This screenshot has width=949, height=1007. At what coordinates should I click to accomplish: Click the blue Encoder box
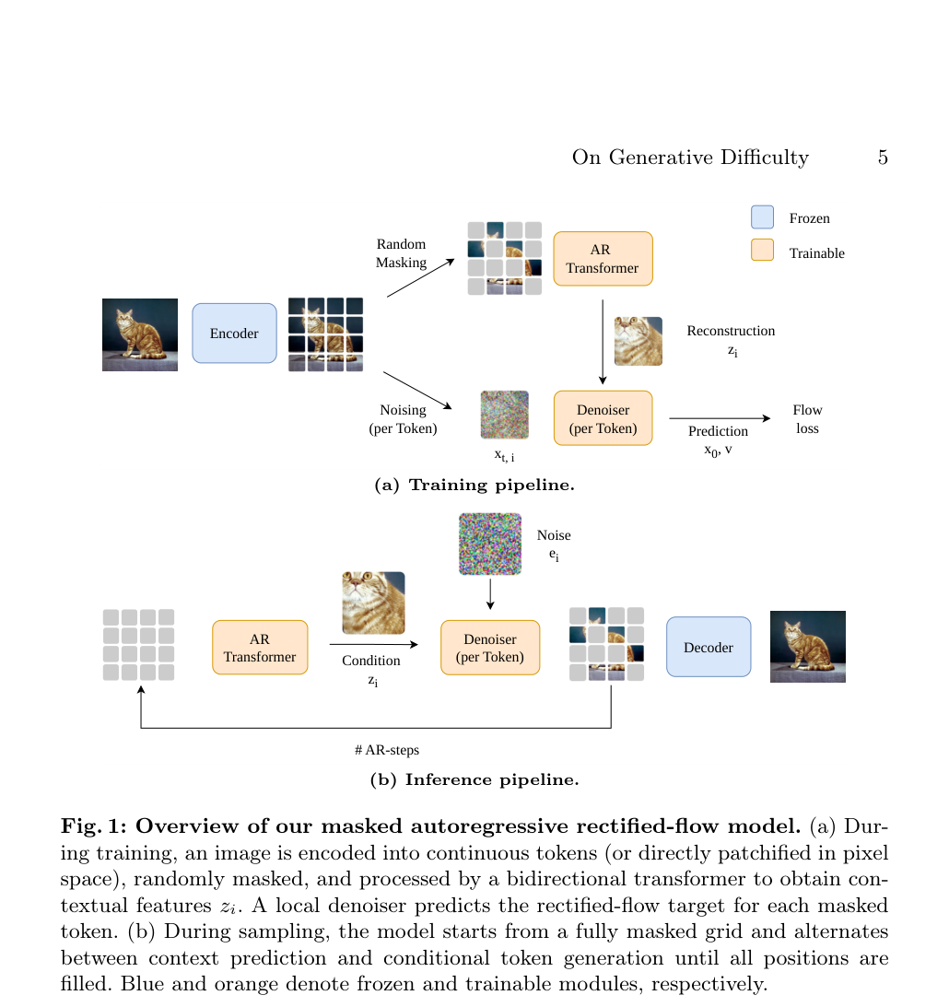pyautogui.click(x=234, y=334)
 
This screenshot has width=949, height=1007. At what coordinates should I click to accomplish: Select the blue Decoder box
pyautogui.click(x=709, y=647)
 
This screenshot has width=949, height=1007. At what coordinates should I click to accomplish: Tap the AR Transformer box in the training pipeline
pyautogui.click(x=603, y=259)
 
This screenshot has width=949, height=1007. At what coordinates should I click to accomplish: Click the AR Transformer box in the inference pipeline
pyautogui.click(x=260, y=648)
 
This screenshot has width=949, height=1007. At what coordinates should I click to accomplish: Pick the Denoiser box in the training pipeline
pyautogui.click(x=603, y=418)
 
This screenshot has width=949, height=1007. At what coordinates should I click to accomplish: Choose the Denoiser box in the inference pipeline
pyautogui.click(x=490, y=648)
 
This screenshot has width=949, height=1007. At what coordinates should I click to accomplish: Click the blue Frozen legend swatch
pyautogui.click(x=762, y=217)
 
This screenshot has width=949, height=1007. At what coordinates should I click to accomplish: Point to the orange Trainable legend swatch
pyautogui.click(x=762, y=250)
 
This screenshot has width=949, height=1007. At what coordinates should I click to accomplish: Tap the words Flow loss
pyautogui.click(x=807, y=418)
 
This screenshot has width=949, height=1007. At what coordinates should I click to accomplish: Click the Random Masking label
pyautogui.click(x=402, y=253)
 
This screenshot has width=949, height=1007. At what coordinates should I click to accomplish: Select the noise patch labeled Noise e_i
pyautogui.click(x=490, y=544)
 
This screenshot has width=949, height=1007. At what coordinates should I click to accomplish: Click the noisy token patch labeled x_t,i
pyautogui.click(x=505, y=415)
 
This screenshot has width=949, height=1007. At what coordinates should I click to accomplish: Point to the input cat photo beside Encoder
pyautogui.click(x=140, y=334)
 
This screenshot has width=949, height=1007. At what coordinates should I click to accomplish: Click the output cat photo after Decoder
pyautogui.click(x=808, y=647)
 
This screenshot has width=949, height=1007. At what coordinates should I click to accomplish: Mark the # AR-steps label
pyautogui.click(x=387, y=750)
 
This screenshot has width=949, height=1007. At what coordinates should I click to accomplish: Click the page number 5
pyautogui.click(x=883, y=158)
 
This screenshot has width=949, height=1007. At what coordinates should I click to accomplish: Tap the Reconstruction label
pyautogui.click(x=731, y=331)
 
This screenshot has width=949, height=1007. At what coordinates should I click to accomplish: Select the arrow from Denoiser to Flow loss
pyautogui.click(x=720, y=418)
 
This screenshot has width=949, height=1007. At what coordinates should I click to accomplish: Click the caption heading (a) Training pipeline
pyautogui.click(x=474, y=485)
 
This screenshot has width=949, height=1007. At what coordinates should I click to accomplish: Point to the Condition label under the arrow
pyautogui.click(x=371, y=661)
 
